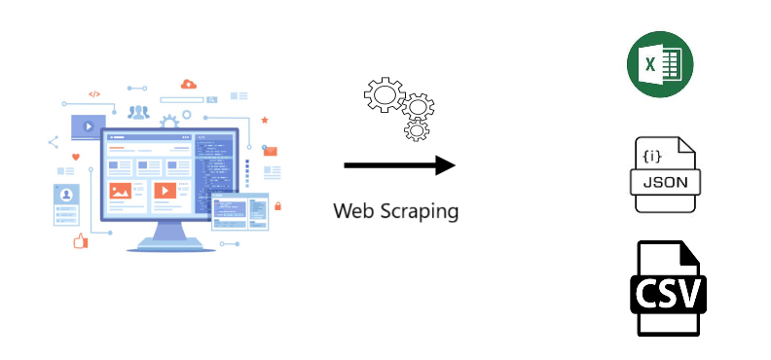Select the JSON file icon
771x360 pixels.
[667, 174]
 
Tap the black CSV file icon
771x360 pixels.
[667, 289]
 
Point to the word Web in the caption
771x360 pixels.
[352, 209]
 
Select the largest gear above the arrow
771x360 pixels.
[383, 94]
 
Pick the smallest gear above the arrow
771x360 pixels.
[418, 129]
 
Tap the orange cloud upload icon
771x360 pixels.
[189, 85]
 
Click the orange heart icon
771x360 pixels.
[75, 157]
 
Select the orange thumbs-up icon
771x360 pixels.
[80, 240]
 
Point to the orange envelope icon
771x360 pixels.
[271, 151]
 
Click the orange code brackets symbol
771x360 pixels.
[94, 94]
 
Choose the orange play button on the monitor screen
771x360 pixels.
[165, 191]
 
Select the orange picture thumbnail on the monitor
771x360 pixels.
[121, 192]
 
